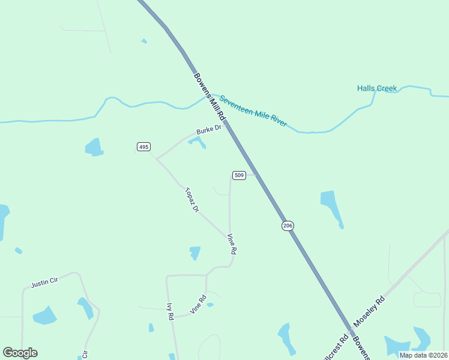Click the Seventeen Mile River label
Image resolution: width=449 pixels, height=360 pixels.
[253, 111]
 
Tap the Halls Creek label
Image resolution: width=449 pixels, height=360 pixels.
[377, 88]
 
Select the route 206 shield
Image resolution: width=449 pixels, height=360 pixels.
[288, 226]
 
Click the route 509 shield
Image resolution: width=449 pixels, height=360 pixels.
[239, 175]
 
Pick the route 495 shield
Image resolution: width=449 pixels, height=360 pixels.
[143, 147]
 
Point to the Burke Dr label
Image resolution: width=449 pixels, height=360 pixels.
[209, 129]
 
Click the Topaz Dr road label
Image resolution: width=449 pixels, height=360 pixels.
[191, 200]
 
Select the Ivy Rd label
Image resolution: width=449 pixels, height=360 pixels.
[170, 310]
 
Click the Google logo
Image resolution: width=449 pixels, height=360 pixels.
[20, 353]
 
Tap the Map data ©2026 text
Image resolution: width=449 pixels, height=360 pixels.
[424, 355]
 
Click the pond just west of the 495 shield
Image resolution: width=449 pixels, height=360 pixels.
[94, 147]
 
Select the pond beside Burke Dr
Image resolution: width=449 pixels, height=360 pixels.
[197, 142]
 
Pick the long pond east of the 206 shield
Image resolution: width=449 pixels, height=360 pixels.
[332, 207]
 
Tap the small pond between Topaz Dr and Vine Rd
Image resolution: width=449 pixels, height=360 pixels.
[195, 253]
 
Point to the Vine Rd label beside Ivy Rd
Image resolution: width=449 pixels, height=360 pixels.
[198, 305]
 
